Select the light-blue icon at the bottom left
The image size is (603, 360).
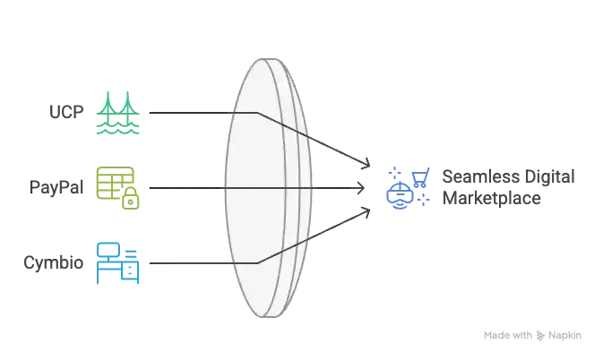pos(117,262)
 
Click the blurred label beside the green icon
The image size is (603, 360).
pos(65,112)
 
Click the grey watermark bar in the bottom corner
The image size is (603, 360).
pos(532,337)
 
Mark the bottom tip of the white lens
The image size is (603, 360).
pos(269,315)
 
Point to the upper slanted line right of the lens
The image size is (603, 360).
pos(345,153)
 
